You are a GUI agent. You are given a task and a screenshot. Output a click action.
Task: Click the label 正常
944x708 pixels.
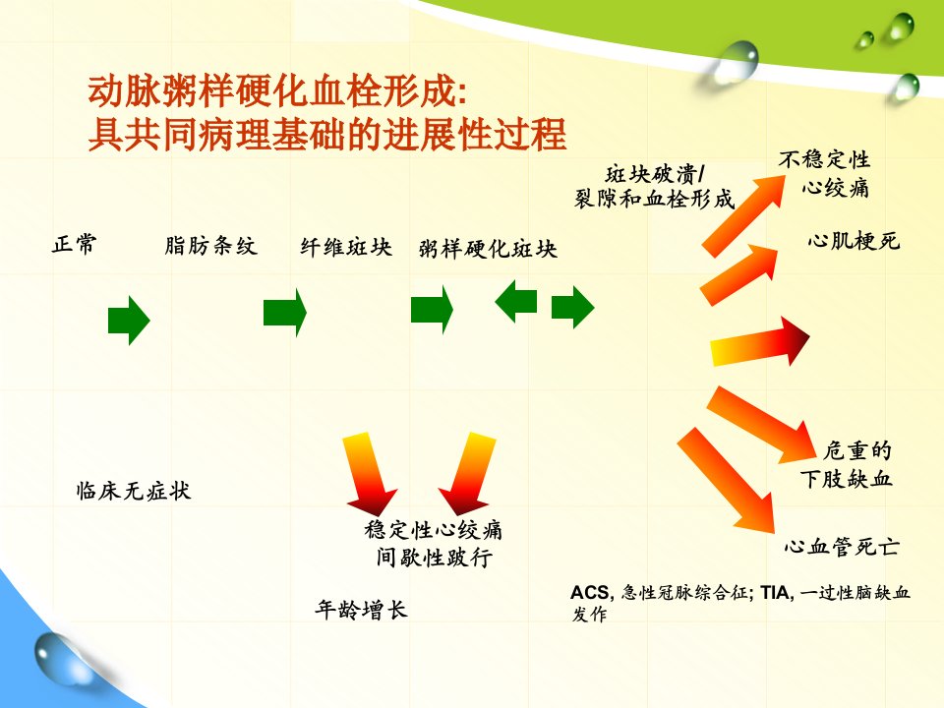74,245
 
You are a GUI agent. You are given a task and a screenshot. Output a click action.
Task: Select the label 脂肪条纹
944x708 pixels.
210,246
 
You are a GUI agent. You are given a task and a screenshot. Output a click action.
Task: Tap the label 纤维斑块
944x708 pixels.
346,247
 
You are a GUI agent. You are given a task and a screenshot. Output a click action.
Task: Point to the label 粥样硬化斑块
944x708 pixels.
488,249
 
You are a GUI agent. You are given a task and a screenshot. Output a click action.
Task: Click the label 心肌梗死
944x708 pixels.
854,241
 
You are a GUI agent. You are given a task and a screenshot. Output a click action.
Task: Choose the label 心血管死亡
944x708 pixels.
842,547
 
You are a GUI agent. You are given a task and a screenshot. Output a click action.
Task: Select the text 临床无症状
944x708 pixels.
133,491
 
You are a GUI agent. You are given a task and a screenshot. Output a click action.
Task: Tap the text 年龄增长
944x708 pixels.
361,610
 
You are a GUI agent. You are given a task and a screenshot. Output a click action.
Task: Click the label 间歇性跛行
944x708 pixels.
434,557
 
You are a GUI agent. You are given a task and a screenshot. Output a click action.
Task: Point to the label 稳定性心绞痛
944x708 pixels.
433,530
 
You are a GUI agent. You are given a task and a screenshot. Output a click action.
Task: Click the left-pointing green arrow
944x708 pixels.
515,301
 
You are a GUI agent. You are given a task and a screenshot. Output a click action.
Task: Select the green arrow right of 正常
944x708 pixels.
129,321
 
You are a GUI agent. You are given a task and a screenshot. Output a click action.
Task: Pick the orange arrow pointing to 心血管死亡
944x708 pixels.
726,481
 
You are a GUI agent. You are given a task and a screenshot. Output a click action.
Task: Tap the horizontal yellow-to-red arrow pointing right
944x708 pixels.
760,342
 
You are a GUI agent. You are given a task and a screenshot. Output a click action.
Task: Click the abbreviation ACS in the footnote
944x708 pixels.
591,593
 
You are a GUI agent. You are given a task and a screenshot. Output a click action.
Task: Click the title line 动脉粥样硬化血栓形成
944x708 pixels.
277,90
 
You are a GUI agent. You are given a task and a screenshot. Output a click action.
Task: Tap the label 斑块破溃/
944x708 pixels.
655,174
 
